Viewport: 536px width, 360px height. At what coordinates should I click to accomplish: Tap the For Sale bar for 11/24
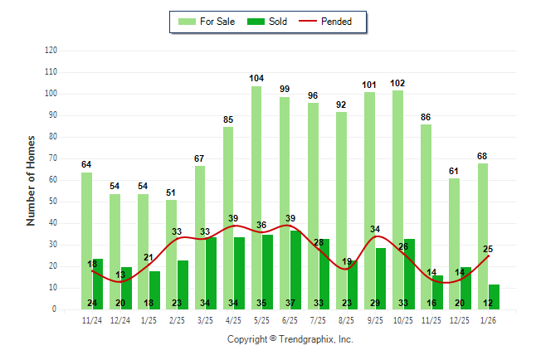coord(87,241)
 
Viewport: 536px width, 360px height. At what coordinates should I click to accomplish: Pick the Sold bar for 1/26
coord(494,296)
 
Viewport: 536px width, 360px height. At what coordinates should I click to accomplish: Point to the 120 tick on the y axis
coord(51,51)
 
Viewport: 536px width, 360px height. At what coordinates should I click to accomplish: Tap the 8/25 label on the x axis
coord(347,319)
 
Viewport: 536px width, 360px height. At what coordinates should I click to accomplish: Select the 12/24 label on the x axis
coord(121,319)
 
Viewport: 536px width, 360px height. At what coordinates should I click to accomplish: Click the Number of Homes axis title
coord(32,180)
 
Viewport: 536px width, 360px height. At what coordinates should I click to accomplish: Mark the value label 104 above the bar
coord(256,79)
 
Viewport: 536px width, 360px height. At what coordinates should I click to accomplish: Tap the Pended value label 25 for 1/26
coord(488,249)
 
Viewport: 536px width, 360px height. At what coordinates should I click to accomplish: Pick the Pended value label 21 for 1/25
coord(149,258)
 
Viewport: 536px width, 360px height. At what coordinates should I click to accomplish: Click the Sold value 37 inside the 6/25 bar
coord(290,303)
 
